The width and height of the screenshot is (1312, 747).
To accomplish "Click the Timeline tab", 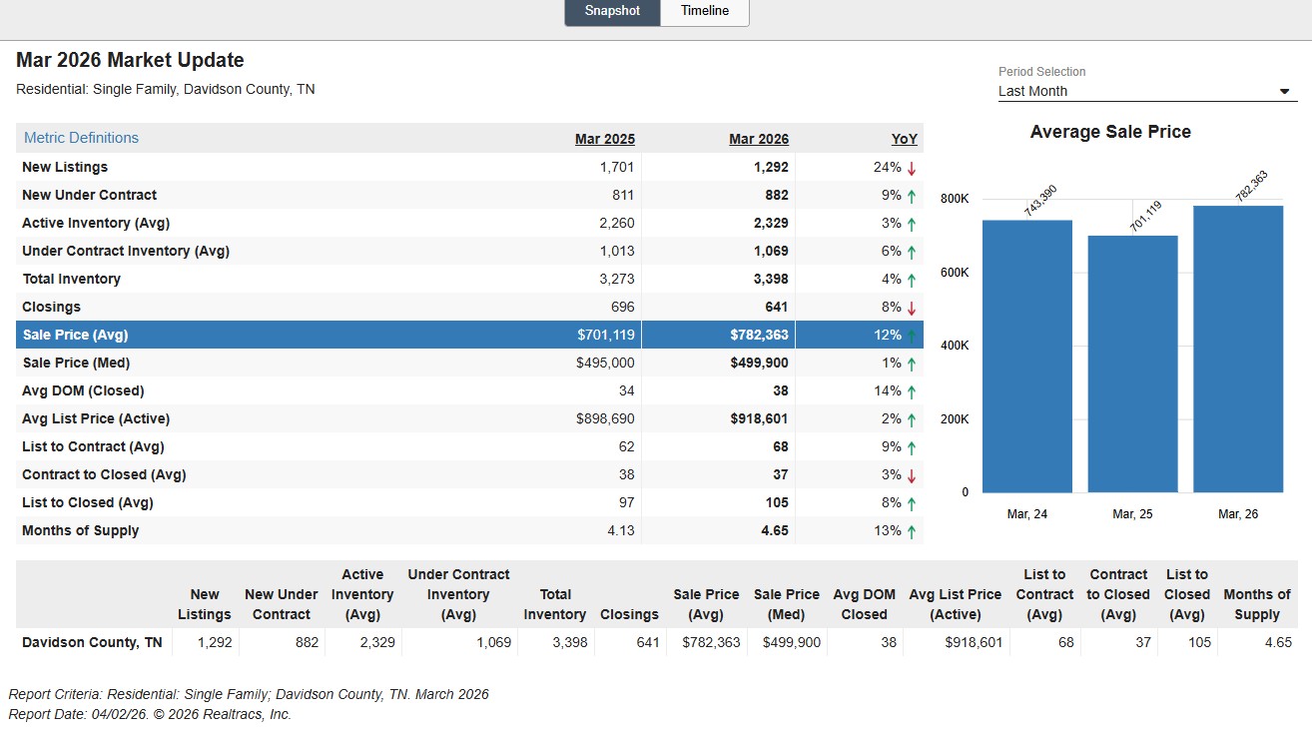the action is pyautogui.click(x=705, y=11).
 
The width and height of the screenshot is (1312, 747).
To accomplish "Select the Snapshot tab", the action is pyautogui.click(x=612, y=11).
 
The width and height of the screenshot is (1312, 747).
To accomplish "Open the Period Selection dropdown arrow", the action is pyautogui.click(x=1284, y=92).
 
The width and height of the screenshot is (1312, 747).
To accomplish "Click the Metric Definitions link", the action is pyautogui.click(x=82, y=138).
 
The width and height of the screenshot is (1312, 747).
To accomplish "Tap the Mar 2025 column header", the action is pyautogui.click(x=604, y=139).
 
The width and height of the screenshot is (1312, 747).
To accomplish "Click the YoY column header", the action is pyautogui.click(x=904, y=139).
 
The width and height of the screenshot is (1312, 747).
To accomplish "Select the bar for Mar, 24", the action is pyautogui.click(x=1027, y=357).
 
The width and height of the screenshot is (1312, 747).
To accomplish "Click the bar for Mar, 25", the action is pyautogui.click(x=1132, y=364).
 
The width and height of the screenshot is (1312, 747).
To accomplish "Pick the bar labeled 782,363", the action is pyautogui.click(x=1238, y=350).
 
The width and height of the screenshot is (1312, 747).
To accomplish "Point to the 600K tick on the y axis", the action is pyautogui.click(x=955, y=273).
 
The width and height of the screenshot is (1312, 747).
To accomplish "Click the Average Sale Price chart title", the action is pyautogui.click(x=1110, y=132).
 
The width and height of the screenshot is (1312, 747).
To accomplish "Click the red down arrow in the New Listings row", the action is pyautogui.click(x=912, y=169).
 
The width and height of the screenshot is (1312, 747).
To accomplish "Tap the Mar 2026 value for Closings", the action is pyautogui.click(x=776, y=307).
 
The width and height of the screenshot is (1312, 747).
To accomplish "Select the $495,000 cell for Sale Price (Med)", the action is pyautogui.click(x=605, y=363).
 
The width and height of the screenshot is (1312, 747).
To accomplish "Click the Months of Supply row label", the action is pyautogui.click(x=80, y=531).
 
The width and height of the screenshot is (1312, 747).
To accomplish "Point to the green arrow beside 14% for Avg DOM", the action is pyautogui.click(x=912, y=391).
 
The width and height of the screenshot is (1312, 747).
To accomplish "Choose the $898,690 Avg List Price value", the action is pyautogui.click(x=605, y=418).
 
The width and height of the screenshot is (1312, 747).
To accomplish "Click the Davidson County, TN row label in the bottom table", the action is pyautogui.click(x=92, y=643).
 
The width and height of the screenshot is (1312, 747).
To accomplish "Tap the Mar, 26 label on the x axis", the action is pyautogui.click(x=1238, y=514).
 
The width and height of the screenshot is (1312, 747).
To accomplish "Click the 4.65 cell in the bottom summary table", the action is pyautogui.click(x=1278, y=643).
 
